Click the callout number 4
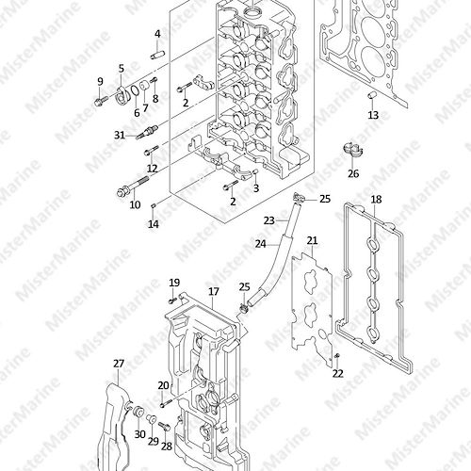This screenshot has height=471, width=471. [157, 34]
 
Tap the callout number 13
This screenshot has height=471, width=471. [373, 115]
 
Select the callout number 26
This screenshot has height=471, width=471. [353, 173]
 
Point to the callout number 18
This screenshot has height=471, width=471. [376, 200]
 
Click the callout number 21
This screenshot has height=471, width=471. [312, 241]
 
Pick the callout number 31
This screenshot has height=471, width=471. [120, 136]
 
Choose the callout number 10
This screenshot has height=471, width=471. [135, 205]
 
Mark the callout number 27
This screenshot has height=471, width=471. [119, 364]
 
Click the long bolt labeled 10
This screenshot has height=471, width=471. [133, 186]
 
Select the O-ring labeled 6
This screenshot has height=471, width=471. [135, 91]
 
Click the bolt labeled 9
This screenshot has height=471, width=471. [101, 101]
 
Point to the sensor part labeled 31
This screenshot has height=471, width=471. [147, 132]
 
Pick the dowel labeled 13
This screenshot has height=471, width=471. [372, 95]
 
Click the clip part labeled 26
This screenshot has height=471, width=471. [353, 150]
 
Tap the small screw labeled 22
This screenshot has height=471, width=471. [337, 356]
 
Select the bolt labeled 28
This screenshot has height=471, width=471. [165, 427]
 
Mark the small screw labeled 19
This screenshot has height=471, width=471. [171, 301]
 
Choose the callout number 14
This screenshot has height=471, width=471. [154, 224]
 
